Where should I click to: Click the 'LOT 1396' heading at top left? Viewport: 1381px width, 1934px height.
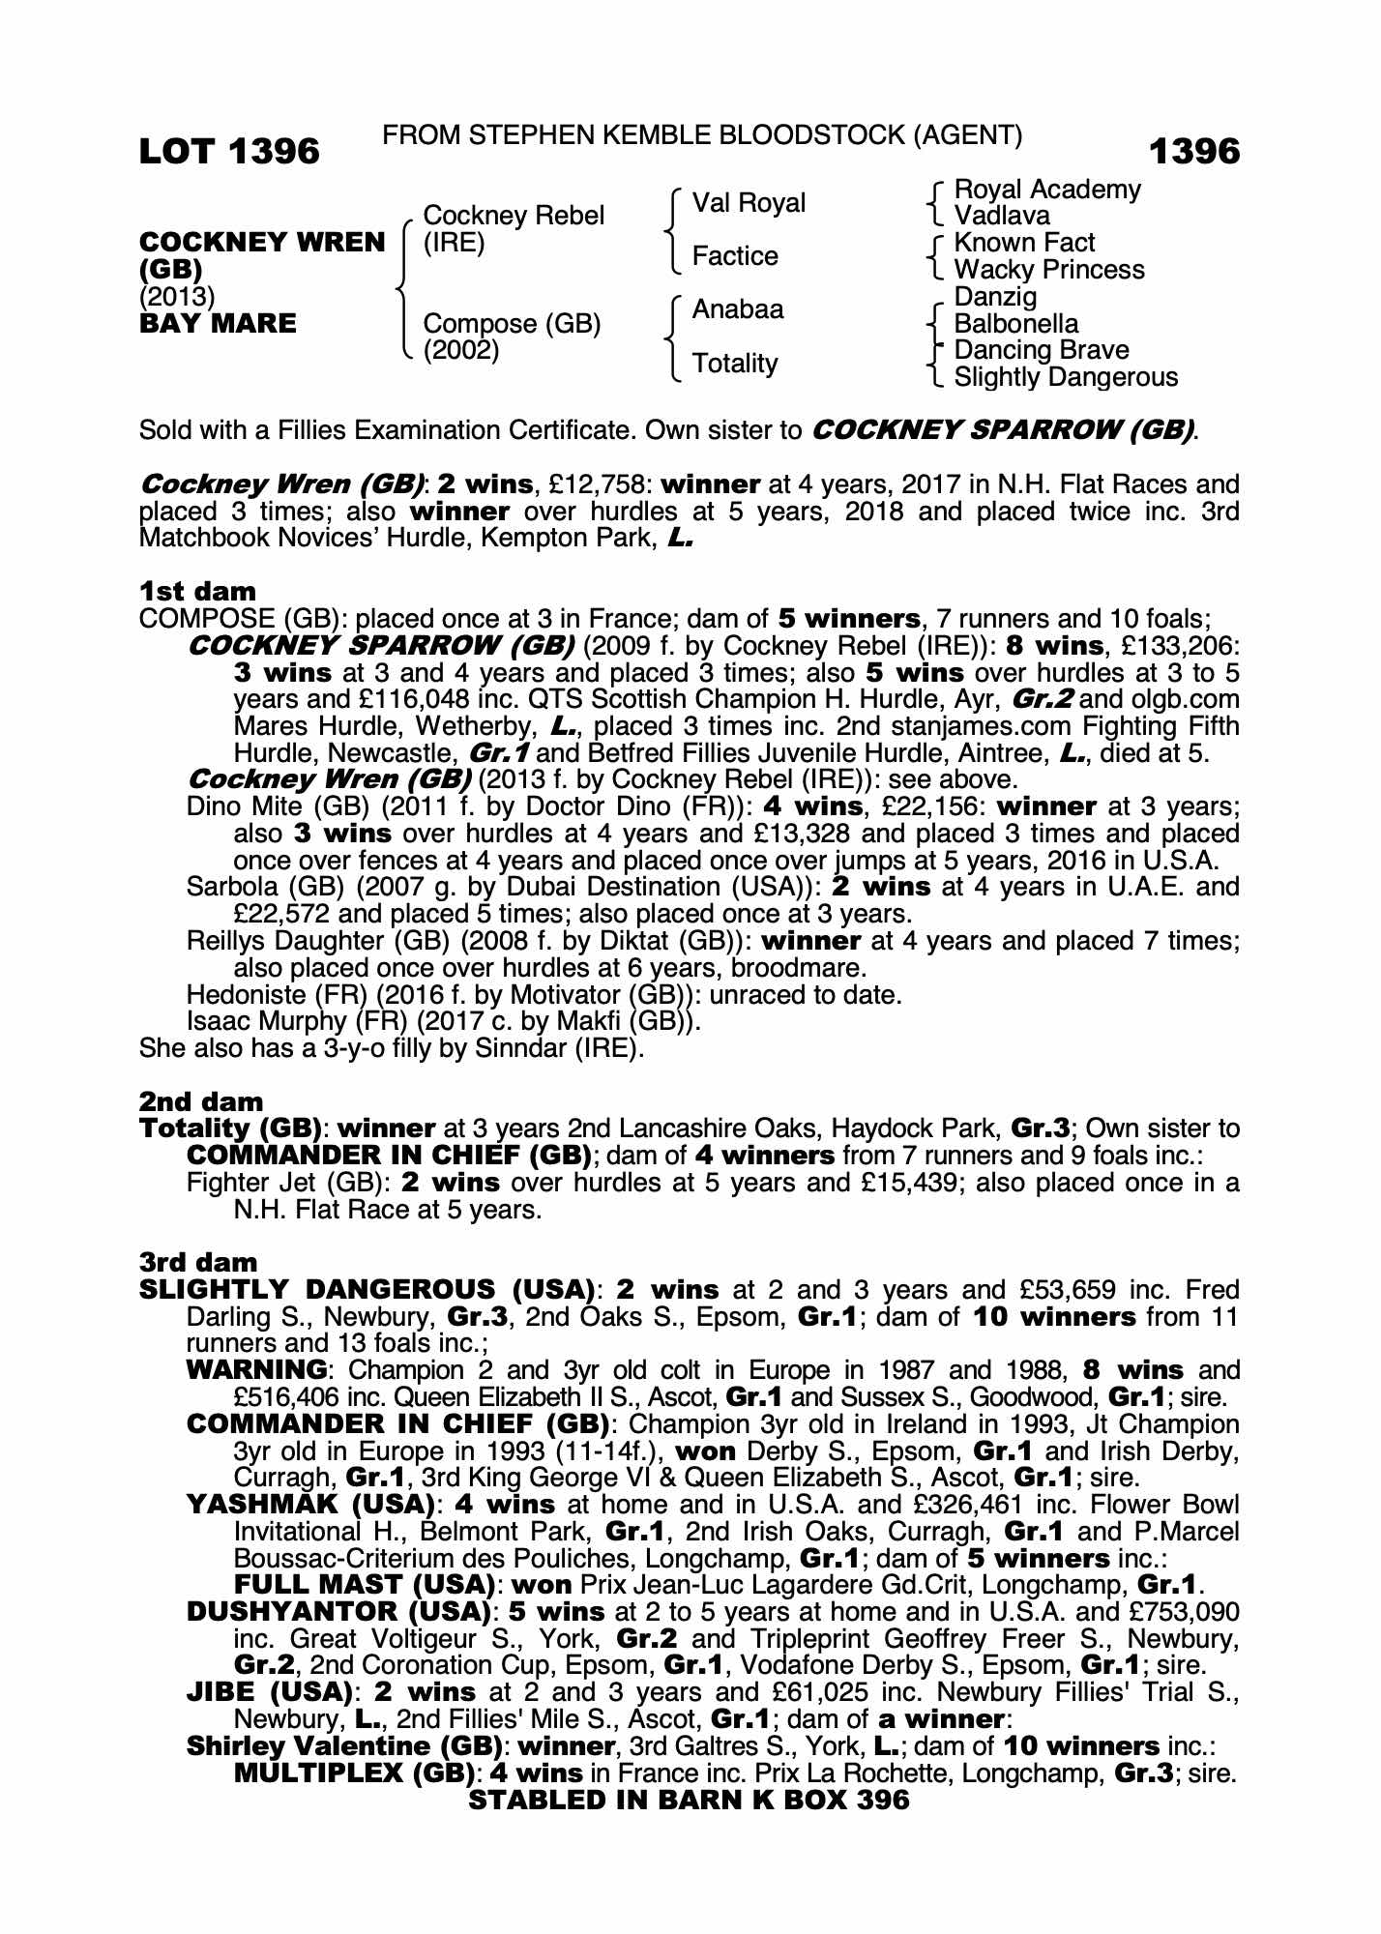click(x=229, y=151)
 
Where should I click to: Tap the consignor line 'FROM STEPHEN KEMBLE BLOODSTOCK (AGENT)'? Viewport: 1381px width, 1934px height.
click(x=702, y=135)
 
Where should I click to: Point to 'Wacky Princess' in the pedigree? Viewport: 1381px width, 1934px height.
click(x=1048, y=270)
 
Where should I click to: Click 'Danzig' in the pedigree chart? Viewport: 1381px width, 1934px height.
click(x=995, y=296)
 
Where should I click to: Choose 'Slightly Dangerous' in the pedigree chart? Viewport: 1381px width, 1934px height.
click(x=1066, y=377)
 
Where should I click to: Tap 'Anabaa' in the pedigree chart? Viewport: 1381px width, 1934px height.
click(x=738, y=309)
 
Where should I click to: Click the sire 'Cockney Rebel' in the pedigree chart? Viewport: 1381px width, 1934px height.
click(x=514, y=216)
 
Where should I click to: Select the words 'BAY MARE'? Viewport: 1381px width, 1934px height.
click(x=218, y=323)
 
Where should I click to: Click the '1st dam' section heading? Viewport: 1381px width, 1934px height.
click(x=197, y=592)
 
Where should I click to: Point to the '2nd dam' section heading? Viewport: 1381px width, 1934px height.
click(x=201, y=1101)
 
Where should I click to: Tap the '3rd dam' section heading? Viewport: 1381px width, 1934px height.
click(x=198, y=1263)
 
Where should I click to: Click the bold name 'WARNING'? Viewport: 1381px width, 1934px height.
click(x=256, y=1370)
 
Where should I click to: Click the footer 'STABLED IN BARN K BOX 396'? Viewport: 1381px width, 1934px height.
click(x=689, y=1800)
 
